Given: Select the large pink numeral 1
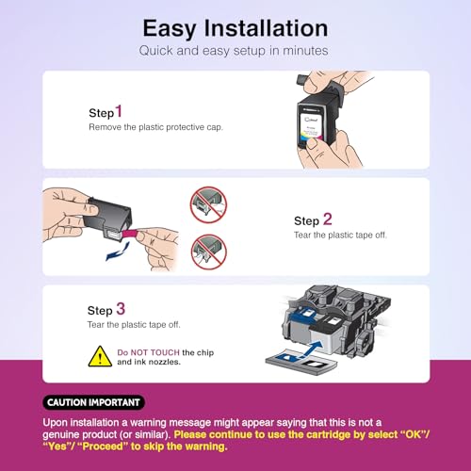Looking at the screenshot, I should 119,110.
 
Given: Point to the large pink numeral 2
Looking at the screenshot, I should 327,219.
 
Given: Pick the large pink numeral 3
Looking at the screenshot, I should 119,308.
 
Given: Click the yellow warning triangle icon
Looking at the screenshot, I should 100,356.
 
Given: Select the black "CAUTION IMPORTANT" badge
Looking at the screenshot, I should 94,402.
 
